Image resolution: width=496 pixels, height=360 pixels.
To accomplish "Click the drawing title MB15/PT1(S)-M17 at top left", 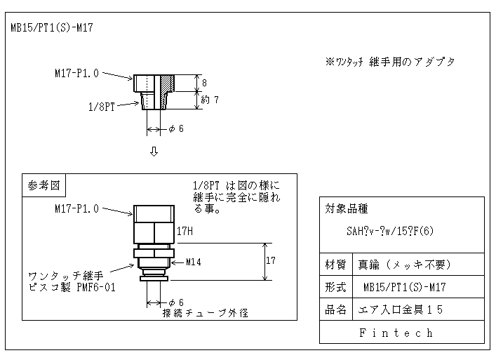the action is point(52,27).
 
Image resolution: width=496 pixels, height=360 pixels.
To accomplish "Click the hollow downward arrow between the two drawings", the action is point(154,152).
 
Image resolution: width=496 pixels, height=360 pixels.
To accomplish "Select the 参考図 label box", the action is point(43,185).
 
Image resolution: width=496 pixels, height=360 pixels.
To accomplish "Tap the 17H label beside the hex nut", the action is point(185,231).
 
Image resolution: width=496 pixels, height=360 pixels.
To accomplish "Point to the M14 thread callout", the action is point(193,262).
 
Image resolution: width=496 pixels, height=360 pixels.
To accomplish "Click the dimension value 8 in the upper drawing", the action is point(204,83).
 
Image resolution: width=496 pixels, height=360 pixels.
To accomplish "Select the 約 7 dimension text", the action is point(210,100).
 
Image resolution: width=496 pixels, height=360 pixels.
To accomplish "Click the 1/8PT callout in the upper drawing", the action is point(101,107).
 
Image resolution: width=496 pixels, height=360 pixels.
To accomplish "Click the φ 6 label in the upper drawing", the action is point(176,128).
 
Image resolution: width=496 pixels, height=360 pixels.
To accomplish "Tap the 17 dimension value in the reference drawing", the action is point(271,260).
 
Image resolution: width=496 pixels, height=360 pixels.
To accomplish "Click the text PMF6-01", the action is point(96,288).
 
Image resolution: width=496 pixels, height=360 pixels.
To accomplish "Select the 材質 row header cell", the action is point(336,265).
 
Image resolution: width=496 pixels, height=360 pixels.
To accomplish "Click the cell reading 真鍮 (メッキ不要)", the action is point(405,265).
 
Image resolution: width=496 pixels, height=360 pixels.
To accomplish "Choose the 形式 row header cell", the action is point(336,287).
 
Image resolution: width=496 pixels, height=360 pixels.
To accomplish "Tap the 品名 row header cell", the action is point(336,309).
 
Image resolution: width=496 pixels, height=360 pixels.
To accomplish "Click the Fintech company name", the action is point(396,333).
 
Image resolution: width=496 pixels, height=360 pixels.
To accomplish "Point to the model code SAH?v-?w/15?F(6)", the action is point(390,231).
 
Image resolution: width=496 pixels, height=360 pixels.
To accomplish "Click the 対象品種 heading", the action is point(347,209).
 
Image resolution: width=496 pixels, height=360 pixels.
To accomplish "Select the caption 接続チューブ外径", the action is point(206,313).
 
